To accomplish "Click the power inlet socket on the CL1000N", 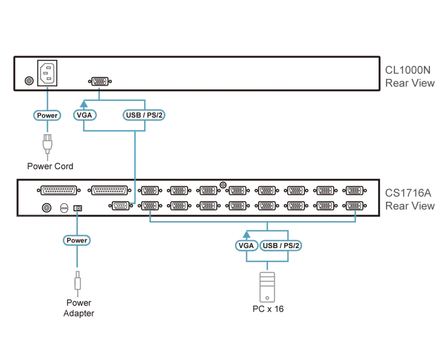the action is pyautogui.click(x=48, y=73).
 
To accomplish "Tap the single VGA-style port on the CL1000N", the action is pyautogui.click(x=100, y=81).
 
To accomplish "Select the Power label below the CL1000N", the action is pyautogui.click(x=47, y=115).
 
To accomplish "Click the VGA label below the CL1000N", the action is pyautogui.click(x=84, y=115).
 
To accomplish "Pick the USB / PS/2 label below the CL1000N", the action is pyautogui.click(x=144, y=115).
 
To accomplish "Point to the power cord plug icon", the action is pyautogui.click(x=48, y=145).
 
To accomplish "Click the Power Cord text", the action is pyautogui.click(x=50, y=166).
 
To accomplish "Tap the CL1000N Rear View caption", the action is pyautogui.click(x=410, y=76).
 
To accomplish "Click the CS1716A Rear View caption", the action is pyautogui.click(x=410, y=199).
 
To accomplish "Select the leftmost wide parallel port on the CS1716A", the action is pyautogui.click(x=59, y=190).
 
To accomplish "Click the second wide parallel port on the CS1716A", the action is pyautogui.click(x=109, y=190).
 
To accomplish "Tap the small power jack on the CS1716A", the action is pyautogui.click(x=78, y=208).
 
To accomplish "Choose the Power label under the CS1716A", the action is pyautogui.click(x=77, y=240).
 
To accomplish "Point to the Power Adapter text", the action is pyautogui.click(x=78, y=308).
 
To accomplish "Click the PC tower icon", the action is pyautogui.click(x=267, y=287).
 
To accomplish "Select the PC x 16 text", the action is pyautogui.click(x=268, y=309).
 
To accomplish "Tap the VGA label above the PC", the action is pyautogui.click(x=246, y=246).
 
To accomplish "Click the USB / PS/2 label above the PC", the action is pyautogui.click(x=281, y=246).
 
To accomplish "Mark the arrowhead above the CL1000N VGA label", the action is pyautogui.click(x=84, y=104).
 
